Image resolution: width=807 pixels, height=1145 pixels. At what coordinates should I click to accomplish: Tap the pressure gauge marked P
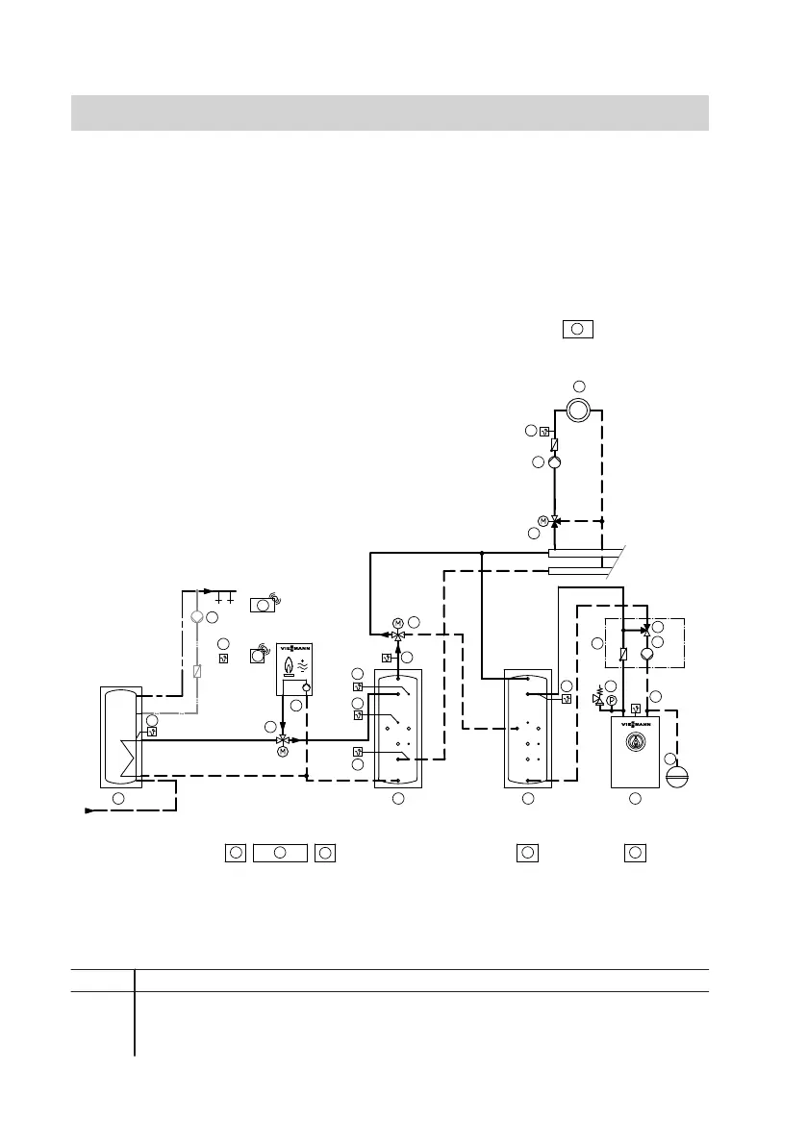tap(610, 701)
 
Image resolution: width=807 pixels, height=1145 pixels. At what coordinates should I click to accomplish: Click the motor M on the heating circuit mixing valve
tap(542, 520)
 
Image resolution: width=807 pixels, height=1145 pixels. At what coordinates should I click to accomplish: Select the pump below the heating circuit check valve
tap(555, 462)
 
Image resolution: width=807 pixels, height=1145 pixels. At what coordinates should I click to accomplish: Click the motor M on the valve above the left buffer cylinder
tap(397, 622)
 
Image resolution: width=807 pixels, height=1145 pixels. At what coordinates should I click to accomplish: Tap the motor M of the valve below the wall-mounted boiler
tap(283, 752)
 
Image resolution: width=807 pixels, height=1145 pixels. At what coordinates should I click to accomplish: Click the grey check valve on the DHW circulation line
tap(196, 672)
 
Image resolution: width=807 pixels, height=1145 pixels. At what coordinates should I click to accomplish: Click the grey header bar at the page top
tap(390, 112)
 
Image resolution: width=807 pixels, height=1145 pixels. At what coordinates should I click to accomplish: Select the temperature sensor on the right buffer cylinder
tap(567, 699)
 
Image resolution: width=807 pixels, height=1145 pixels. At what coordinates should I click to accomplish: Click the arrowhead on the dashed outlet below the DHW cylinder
tap(90, 810)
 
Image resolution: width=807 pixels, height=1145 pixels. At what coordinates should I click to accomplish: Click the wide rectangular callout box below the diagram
tap(279, 852)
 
